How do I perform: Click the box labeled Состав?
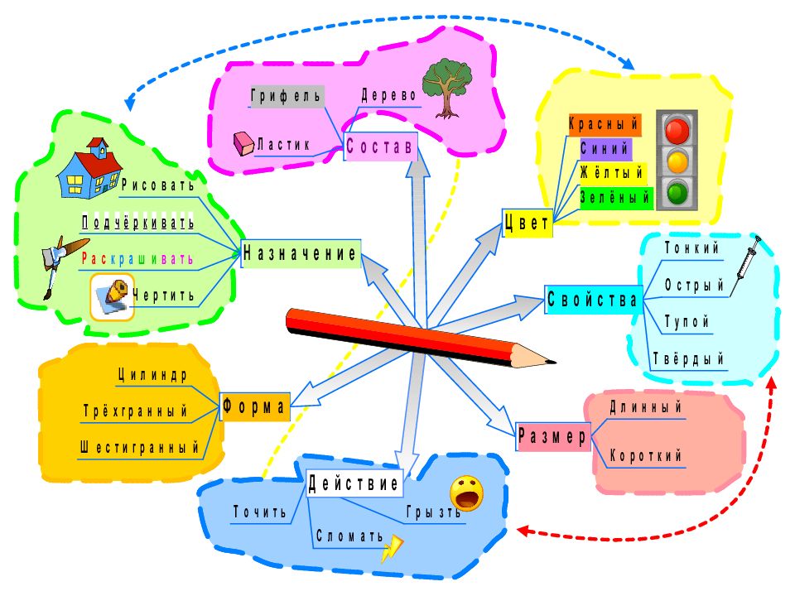(x=380, y=147)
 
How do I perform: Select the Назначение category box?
(x=301, y=253)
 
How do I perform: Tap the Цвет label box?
(x=528, y=223)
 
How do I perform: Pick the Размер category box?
(x=553, y=436)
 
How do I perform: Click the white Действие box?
(x=354, y=483)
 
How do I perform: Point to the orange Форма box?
(x=255, y=406)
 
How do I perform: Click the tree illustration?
(x=447, y=89)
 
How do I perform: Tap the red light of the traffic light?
(x=677, y=130)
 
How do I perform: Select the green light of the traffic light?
(x=677, y=193)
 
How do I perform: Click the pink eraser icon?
(x=243, y=144)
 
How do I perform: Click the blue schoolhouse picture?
(x=89, y=168)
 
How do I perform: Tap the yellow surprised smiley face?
(x=466, y=493)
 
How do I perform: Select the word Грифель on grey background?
(x=287, y=96)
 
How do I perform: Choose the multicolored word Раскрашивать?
(x=137, y=259)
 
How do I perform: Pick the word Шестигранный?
(x=139, y=448)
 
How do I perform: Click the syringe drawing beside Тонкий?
(x=744, y=265)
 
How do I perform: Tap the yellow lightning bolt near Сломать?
(x=392, y=549)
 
